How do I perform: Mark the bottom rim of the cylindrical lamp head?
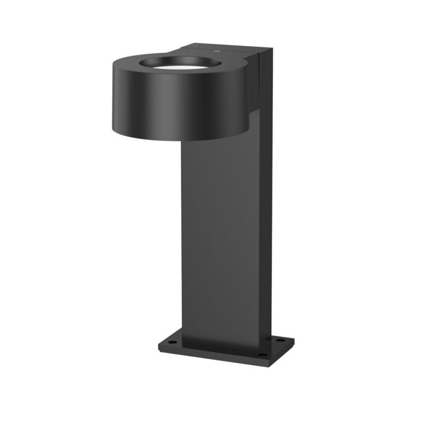178,135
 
